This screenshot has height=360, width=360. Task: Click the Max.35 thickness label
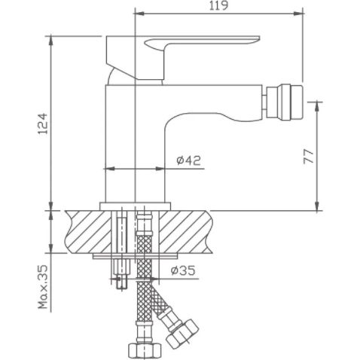43,288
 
